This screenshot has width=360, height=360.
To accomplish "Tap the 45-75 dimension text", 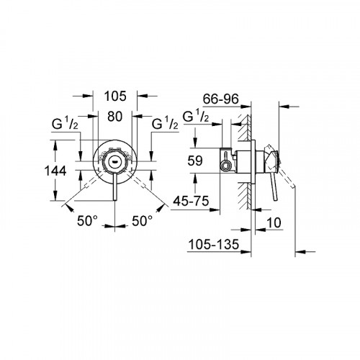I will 191,202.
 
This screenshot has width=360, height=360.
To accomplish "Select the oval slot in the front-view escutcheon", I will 116,163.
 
